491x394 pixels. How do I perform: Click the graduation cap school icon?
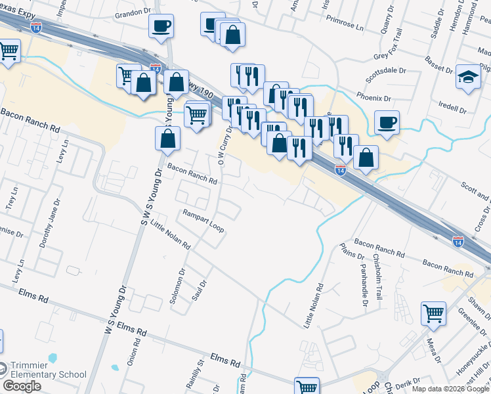click(469, 77)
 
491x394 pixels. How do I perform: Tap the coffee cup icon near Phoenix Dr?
click(387, 122)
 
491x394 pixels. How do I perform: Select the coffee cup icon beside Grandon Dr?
click(161, 27)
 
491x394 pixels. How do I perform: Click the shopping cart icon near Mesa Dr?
click(433, 314)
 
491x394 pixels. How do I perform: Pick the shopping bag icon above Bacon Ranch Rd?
click(167, 138)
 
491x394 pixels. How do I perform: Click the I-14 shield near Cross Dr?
click(458, 241)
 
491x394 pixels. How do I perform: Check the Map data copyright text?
click(450, 389)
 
